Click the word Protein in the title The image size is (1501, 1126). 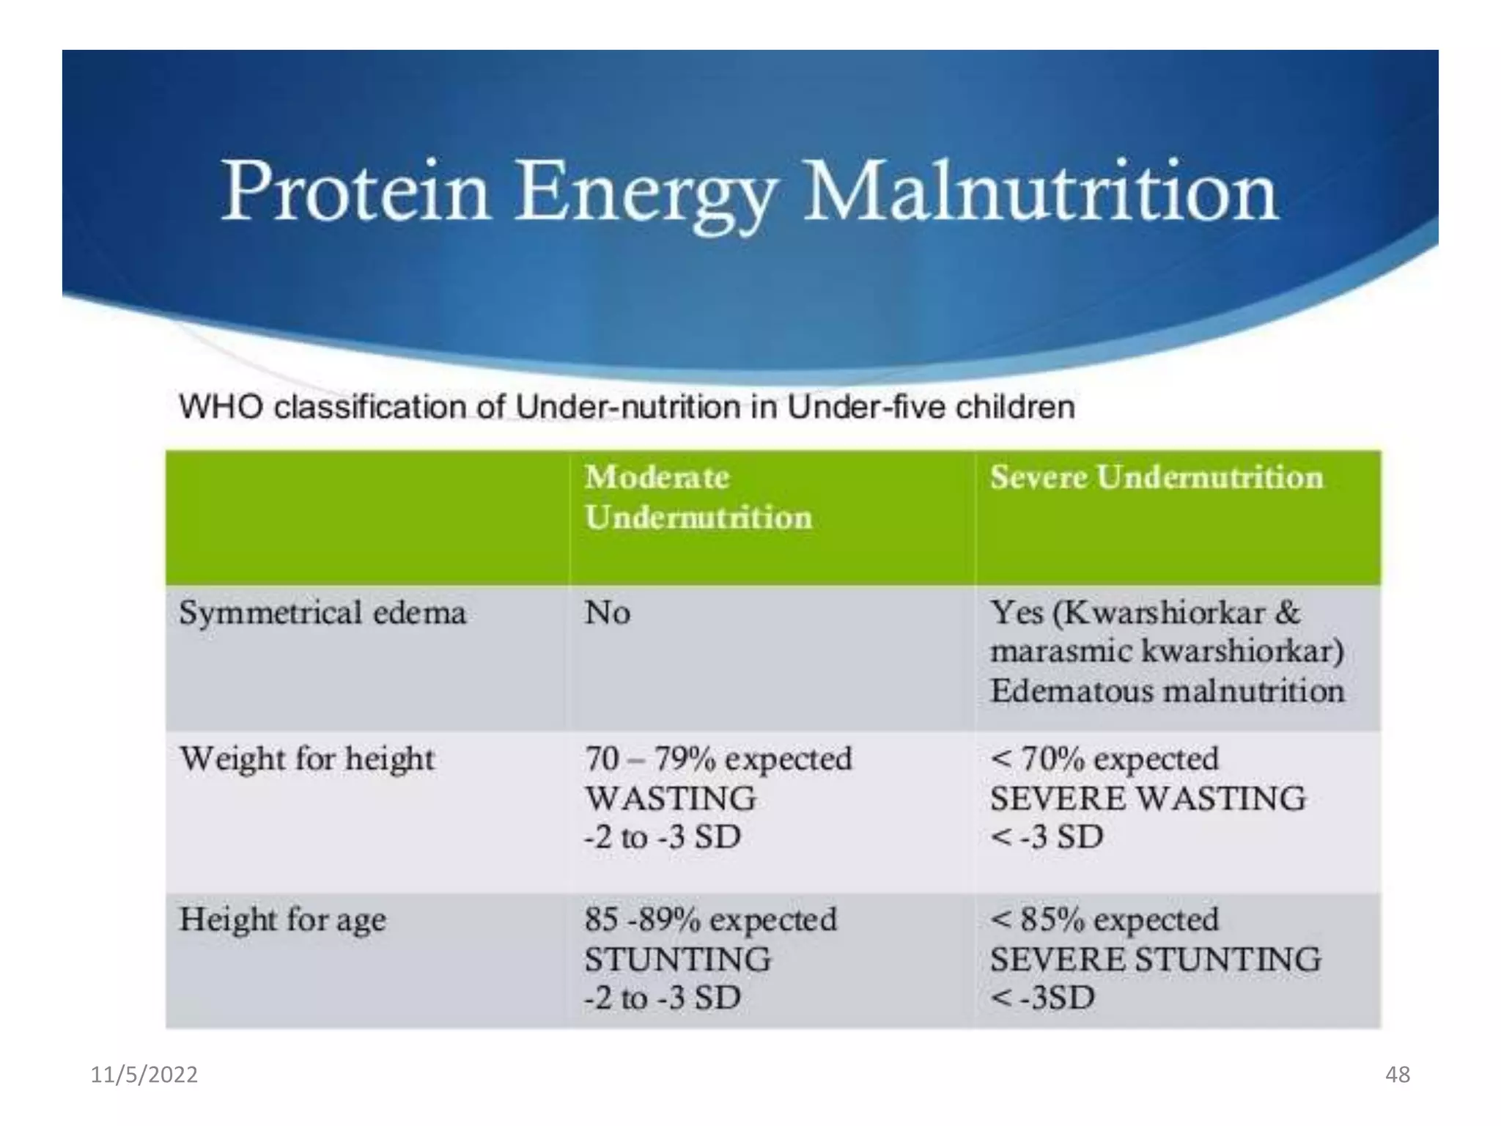coord(355,191)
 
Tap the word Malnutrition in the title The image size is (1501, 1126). coord(1041,191)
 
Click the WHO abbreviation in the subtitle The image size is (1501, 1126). coord(221,407)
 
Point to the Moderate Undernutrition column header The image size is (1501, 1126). coord(698,498)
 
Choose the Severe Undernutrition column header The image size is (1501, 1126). coord(1156,478)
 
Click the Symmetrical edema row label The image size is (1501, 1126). coord(322,613)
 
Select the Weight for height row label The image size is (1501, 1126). coord(307,759)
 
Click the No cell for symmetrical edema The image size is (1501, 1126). coord(607,613)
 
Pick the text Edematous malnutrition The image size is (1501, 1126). coord(1167,691)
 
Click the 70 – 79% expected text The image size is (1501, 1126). coord(718,759)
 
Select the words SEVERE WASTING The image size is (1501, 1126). coord(1148,798)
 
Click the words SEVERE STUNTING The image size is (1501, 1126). coord(1155,960)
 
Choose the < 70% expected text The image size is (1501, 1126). coord(1104,759)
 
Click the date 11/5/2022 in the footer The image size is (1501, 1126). coord(144,1075)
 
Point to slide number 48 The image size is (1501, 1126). coord(1397,1075)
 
